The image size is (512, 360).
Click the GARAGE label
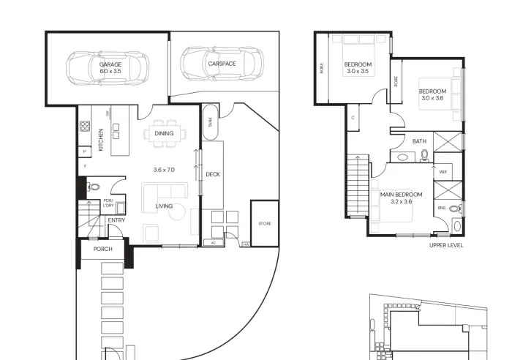click(110, 64)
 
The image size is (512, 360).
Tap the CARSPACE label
click(222, 64)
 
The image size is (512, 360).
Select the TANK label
click(210, 122)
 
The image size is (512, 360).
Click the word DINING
click(164, 133)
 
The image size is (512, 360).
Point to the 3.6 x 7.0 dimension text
click(164, 170)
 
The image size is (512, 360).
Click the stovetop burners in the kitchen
click(85, 126)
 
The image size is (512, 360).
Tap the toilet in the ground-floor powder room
click(93, 187)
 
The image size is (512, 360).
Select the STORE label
click(265, 223)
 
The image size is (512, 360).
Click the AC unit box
click(214, 243)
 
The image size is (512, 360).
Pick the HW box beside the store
click(246, 244)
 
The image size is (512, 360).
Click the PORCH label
click(103, 249)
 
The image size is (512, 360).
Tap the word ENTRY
click(116, 220)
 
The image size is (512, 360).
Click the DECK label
click(213, 174)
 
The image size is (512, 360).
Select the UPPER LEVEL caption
click(446, 245)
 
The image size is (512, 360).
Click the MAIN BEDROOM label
click(401, 195)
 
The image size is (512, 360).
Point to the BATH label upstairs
click(419, 141)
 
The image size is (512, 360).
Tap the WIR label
click(443, 172)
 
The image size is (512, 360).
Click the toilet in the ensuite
click(455, 209)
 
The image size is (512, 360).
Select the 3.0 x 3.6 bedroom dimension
click(432, 98)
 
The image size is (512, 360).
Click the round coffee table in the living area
click(177, 211)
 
